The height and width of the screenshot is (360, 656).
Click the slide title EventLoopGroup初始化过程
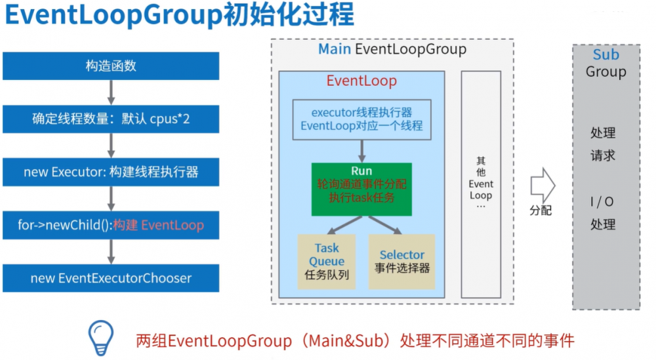(x=179, y=16)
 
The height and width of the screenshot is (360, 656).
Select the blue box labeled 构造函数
(x=111, y=66)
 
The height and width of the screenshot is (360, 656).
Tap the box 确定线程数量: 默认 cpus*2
(x=111, y=119)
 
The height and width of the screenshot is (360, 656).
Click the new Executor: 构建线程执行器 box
(x=111, y=172)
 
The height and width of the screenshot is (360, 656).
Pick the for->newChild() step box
(x=111, y=226)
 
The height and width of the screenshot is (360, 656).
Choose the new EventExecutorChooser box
(x=111, y=279)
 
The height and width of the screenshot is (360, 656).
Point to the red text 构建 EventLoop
(x=158, y=226)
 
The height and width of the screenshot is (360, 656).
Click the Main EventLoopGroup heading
(x=392, y=49)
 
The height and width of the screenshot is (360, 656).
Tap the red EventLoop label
(x=361, y=81)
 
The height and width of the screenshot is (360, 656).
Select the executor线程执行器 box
(x=361, y=119)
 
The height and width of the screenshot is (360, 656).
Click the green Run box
(x=361, y=190)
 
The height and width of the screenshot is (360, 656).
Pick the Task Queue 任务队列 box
(x=326, y=261)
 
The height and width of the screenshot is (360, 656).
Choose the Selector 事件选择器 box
(x=402, y=261)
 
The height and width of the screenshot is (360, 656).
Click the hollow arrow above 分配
(x=543, y=186)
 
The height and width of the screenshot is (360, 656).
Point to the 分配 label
(x=541, y=211)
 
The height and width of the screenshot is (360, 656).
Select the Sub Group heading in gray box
(x=605, y=63)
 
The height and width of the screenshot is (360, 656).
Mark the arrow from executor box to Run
(x=361, y=151)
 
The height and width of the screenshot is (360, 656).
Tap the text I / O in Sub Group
(x=602, y=202)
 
